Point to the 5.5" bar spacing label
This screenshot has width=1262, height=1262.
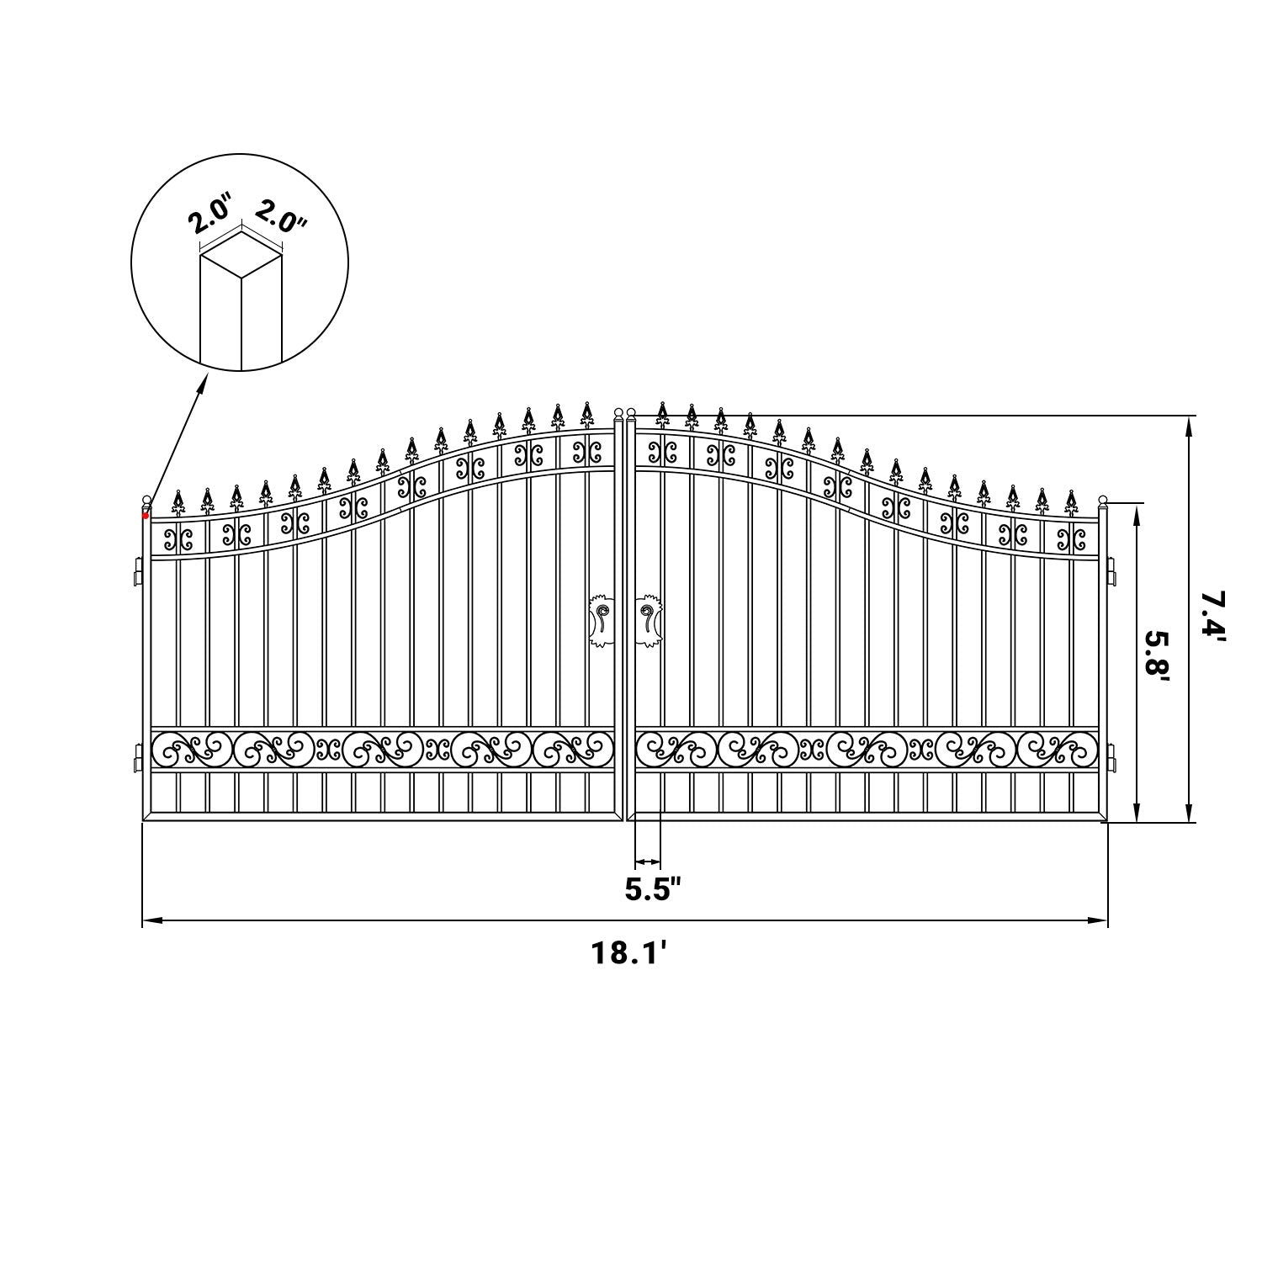[652, 888]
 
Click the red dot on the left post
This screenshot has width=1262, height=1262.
[146, 515]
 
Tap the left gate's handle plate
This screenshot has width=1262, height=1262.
[601, 620]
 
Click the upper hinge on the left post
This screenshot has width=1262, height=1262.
[135, 572]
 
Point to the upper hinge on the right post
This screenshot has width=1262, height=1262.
[1113, 572]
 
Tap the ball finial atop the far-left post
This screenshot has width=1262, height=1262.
[146, 500]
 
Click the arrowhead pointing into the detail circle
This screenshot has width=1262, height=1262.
[203, 383]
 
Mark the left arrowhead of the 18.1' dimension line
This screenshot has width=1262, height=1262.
[150, 921]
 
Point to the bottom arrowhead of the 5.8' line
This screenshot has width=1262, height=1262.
[1137, 814]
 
